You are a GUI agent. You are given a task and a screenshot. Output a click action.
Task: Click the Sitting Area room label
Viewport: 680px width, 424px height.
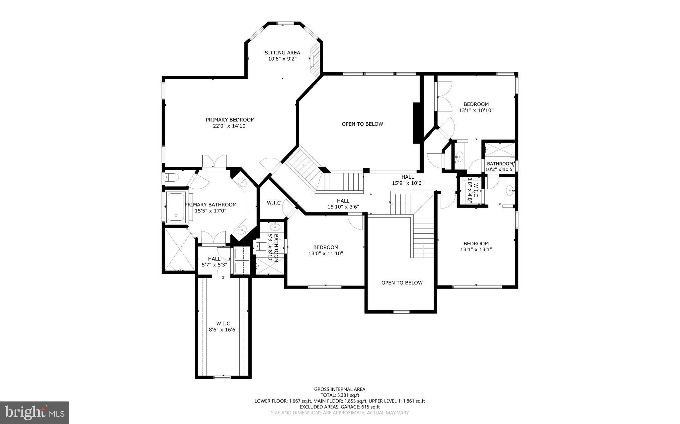(282, 53)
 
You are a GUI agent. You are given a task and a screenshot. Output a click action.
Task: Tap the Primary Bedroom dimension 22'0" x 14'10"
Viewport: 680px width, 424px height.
(230, 126)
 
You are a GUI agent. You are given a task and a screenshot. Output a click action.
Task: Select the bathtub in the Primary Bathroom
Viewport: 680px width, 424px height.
(176, 207)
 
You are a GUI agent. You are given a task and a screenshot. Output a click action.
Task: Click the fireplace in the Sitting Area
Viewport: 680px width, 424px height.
(315, 61)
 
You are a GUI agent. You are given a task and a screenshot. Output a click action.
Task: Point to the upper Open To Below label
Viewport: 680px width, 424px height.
(362, 124)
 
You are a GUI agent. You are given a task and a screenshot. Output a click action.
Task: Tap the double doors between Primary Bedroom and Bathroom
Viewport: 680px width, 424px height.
(214, 162)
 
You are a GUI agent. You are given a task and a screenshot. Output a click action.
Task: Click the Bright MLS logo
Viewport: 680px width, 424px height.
(35, 412)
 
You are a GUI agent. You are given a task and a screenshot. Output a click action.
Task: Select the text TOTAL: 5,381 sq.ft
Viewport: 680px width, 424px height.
(340, 395)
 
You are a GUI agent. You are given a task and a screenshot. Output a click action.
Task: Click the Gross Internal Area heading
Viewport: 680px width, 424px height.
(340, 389)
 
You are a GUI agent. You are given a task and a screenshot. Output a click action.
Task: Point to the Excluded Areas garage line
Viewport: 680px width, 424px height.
(340, 407)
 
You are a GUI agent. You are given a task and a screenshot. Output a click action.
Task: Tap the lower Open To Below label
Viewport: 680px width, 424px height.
(402, 283)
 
